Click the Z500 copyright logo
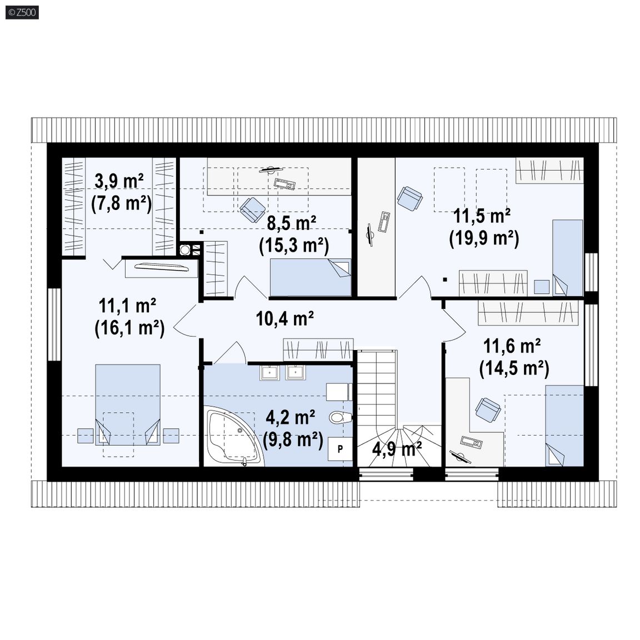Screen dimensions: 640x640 [22, 12]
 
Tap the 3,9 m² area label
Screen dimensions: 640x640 [119, 181]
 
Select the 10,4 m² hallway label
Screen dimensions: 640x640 [284, 319]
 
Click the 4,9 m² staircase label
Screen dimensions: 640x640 [397, 449]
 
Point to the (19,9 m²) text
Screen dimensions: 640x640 [484, 238]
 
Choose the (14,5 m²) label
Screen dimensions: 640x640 [514, 368]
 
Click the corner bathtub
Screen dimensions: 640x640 [233, 436]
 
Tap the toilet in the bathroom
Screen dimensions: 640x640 [341, 418]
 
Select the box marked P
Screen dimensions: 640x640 [341, 449]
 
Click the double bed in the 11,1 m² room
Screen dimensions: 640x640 [128, 404]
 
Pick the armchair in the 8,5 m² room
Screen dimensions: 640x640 [253, 209]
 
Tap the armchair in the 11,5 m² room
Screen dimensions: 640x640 [409, 198]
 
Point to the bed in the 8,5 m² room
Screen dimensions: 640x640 [311, 278]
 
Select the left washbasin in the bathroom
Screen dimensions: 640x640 [269, 373]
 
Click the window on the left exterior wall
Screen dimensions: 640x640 [54, 324]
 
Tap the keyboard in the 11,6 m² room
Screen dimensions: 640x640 [472, 442]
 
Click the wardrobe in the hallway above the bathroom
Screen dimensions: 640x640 [318, 350]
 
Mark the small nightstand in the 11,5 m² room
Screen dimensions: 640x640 [542, 287]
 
